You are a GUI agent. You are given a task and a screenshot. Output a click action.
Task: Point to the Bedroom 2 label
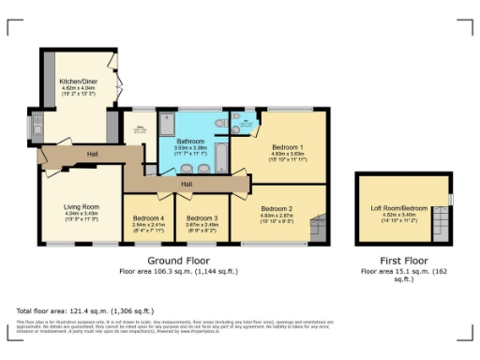coord(277,207)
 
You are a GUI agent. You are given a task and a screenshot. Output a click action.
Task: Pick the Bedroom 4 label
coord(149,217)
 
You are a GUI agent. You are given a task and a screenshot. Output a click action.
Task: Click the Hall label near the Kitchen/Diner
coord(93,154)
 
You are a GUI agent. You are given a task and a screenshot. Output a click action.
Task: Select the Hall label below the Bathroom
coord(187,184)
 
